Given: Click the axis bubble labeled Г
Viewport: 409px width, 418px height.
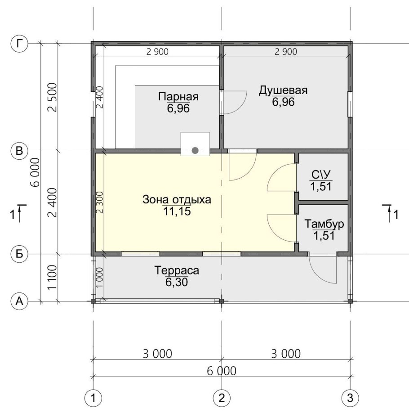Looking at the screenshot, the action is pos(19,44).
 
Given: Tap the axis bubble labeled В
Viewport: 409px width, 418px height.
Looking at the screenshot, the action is pos(19,151).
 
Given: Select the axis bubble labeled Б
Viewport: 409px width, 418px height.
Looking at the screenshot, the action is pos(19,254).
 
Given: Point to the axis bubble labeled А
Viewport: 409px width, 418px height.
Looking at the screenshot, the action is pos(19,301).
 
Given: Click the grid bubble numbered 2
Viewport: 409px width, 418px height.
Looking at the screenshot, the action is pos(222,398).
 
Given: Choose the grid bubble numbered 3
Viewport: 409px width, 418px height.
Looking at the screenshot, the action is pos(350,398).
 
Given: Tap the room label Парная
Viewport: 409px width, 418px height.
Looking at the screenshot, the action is pos(178,96).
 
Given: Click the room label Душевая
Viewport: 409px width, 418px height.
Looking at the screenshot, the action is pos(283,90).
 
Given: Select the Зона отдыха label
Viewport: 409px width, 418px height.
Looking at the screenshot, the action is pos(177,200).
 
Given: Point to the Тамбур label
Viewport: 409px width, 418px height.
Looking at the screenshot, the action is pos(324,224).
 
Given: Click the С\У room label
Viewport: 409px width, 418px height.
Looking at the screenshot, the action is pos(321,175).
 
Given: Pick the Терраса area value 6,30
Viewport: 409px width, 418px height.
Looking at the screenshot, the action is pos(177,282).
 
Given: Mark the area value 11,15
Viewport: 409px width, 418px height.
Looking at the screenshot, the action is pos(177,211).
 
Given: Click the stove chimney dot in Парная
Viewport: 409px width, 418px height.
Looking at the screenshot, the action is pos(195,151).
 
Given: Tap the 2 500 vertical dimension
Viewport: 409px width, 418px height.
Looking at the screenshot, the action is pos(52,97).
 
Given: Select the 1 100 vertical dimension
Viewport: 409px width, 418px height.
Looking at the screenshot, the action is pos(52,277).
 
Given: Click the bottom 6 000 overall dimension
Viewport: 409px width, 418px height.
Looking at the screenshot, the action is pos(222,371).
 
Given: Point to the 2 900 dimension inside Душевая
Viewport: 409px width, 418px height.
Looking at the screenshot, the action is pos(286,52).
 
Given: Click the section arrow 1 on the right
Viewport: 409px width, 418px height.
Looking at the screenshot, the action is pos(391,214).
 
